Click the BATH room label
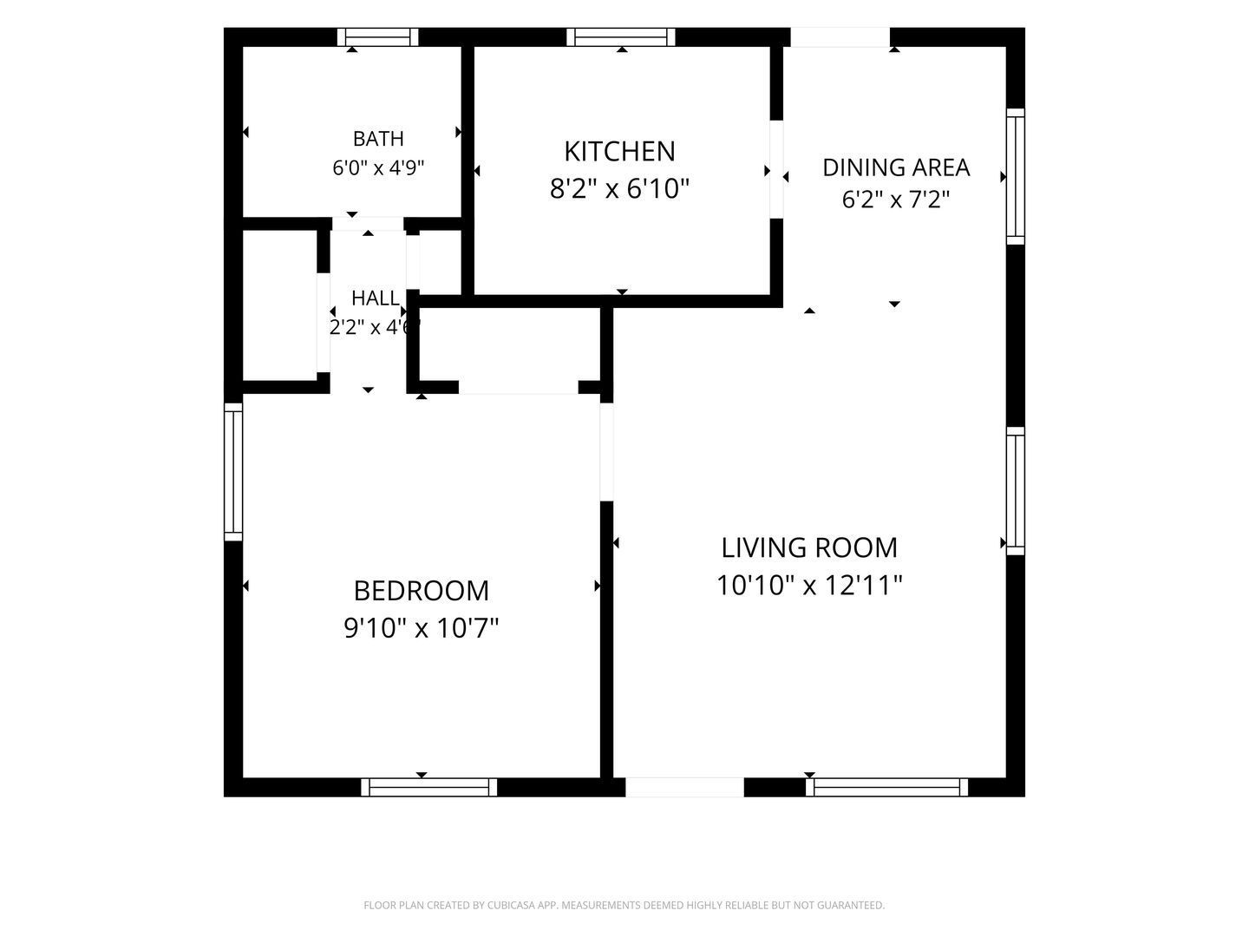378,138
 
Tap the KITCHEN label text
619,151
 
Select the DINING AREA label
896,167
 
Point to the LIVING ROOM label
808,547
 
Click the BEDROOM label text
421,591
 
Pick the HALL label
375,298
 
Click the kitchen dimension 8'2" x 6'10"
619,188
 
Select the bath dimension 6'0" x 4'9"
378,167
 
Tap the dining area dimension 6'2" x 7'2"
896,200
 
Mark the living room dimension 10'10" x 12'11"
808,585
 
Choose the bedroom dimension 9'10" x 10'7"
421,628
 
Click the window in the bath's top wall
378,37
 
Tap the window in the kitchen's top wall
621,37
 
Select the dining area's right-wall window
1015,176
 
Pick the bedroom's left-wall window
233,472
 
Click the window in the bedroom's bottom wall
428,787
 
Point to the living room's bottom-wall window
886,787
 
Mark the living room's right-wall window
1015,491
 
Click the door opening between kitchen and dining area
776,169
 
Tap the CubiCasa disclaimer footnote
624,905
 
